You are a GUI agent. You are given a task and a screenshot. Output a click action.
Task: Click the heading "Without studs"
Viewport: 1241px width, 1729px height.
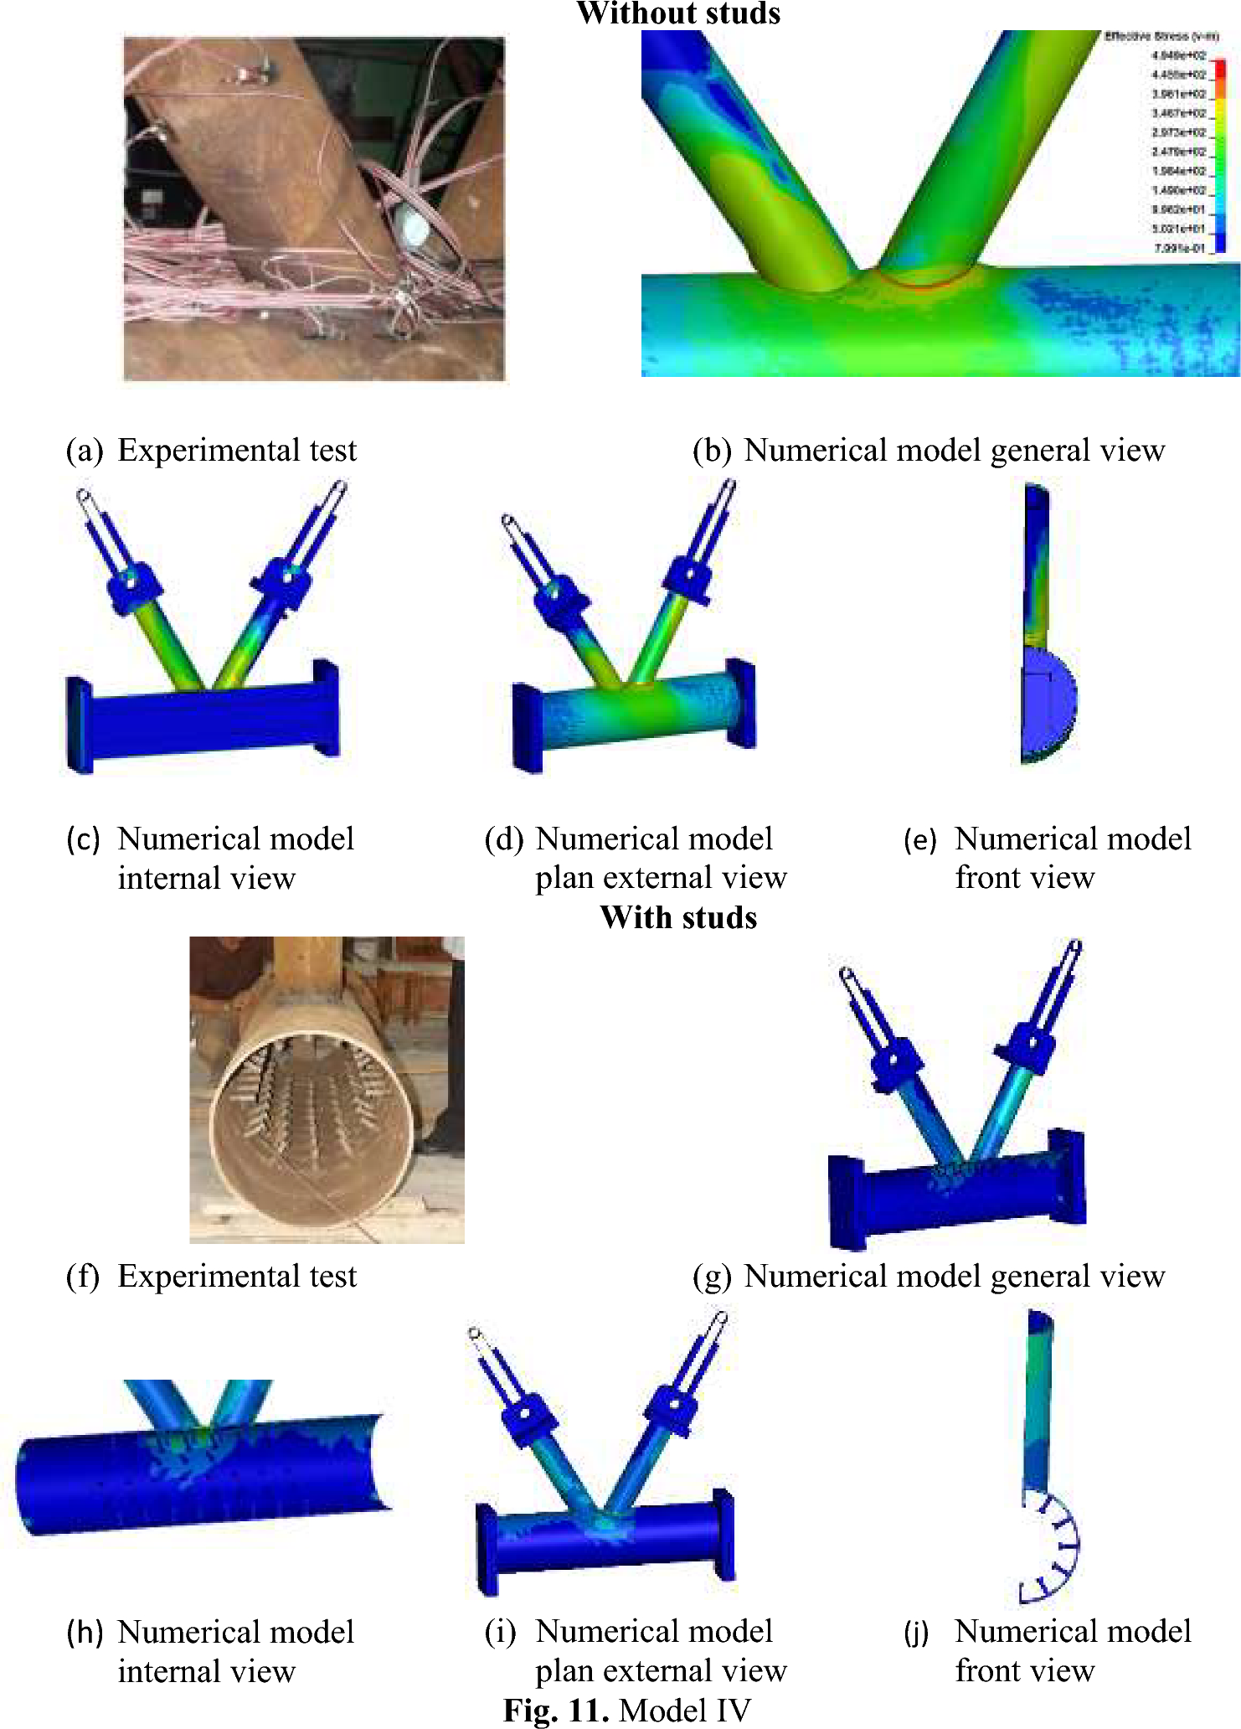[x=678, y=13]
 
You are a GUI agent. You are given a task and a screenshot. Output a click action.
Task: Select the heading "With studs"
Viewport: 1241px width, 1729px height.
[x=678, y=917]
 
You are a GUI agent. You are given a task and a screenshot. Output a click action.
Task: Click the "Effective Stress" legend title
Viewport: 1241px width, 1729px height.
[x=1161, y=36]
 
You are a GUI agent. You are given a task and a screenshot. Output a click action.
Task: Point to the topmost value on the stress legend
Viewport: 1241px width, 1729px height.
[x=1178, y=55]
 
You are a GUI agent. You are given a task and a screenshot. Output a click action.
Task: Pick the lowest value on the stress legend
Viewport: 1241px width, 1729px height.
[x=1179, y=248]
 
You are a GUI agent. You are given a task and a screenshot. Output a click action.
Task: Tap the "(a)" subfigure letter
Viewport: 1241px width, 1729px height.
[x=85, y=451]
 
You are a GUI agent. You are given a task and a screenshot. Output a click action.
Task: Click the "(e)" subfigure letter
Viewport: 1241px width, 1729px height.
[x=920, y=839]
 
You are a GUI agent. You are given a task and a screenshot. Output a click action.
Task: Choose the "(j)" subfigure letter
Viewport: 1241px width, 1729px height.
[x=917, y=1632]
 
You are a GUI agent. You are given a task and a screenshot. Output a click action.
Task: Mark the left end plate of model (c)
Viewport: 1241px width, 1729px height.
[x=80, y=725]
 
